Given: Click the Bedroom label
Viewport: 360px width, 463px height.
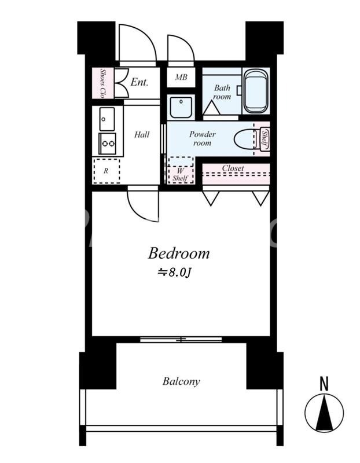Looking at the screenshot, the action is pyautogui.click(x=179, y=253).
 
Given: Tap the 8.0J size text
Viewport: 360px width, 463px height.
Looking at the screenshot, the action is pyautogui.click(x=175, y=273).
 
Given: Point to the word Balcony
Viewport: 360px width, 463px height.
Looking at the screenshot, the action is pyautogui.click(x=181, y=381).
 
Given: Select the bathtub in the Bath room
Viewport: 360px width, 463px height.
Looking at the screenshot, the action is pyautogui.click(x=256, y=91).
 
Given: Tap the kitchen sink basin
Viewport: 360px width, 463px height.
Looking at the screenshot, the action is pyautogui.click(x=107, y=119).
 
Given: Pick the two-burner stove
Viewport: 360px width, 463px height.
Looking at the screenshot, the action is pyautogui.click(x=108, y=144).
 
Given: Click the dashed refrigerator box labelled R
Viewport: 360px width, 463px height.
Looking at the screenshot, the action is pyautogui.click(x=106, y=171).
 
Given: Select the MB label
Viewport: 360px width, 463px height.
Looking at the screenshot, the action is pyautogui.click(x=181, y=77).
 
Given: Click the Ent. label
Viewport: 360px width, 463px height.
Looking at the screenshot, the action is pyautogui.click(x=139, y=82).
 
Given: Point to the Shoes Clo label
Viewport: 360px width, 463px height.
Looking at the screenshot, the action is pyautogui.click(x=102, y=83).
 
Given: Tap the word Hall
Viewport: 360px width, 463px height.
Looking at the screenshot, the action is pyautogui.click(x=142, y=135).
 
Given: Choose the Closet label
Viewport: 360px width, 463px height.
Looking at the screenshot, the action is pyautogui.click(x=233, y=168).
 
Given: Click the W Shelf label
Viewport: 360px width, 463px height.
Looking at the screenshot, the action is pyautogui.click(x=180, y=175).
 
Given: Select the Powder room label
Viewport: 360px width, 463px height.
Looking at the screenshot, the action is pyautogui.click(x=203, y=138).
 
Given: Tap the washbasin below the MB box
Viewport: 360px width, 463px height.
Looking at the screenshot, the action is pyautogui.click(x=181, y=107).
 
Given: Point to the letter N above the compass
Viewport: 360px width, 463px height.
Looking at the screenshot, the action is pyautogui.click(x=324, y=384).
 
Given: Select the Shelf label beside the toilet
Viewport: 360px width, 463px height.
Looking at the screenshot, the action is pyautogui.click(x=265, y=139).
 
